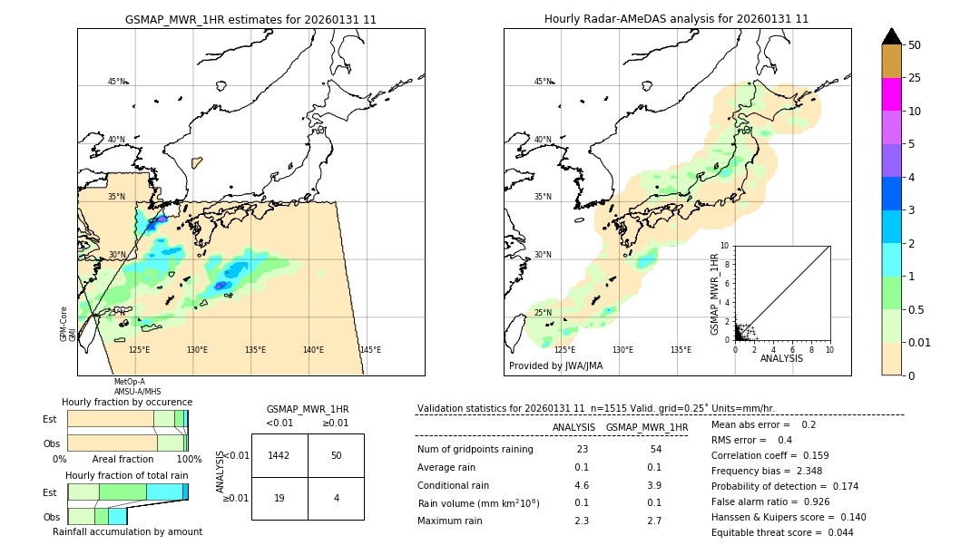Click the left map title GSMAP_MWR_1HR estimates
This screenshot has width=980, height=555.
point(250,19)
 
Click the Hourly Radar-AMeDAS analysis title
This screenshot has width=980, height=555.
point(676,19)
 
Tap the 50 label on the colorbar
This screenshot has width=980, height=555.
point(915,45)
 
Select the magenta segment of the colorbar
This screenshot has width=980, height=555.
point(891,94)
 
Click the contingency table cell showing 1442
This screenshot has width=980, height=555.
point(279,455)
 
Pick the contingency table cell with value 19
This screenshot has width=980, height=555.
point(279,498)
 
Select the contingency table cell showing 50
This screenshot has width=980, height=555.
point(336,455)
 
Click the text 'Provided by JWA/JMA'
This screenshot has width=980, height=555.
point(555,366)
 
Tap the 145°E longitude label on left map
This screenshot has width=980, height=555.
point(370,350)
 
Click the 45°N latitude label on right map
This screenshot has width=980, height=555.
point(543,83)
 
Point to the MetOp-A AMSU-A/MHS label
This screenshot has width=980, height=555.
point(136,387)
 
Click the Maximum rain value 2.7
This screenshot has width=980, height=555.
point(653,521)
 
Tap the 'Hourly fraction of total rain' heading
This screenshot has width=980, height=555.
point(126,475)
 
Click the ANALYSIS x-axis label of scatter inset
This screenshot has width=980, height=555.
point(781,359)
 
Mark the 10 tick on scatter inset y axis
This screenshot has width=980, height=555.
point(724,246)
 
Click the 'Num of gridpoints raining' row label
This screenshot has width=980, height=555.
point(475,450)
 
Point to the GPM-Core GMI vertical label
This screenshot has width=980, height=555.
point(68,324)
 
